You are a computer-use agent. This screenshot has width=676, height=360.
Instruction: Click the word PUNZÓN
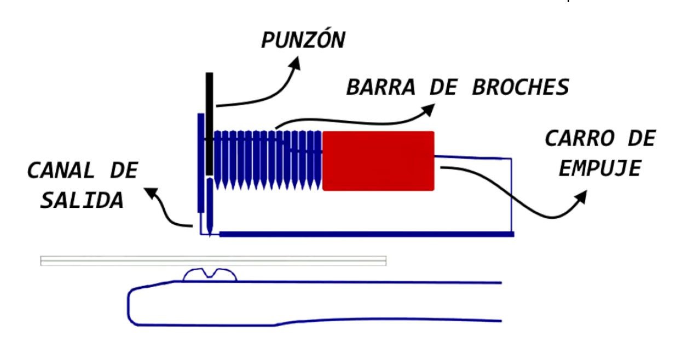[x=303, y=39]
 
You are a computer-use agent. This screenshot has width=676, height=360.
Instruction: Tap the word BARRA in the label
[x=381, y=87]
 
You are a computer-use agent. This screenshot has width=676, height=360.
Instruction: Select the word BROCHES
[x=521, y=87]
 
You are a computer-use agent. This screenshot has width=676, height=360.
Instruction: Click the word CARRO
[x=580, y=138]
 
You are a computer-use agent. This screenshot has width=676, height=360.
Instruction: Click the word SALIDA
[x=82, y=200]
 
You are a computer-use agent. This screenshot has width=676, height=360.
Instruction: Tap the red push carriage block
[x=378, y=161]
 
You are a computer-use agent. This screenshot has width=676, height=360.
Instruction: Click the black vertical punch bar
[x=210, y=124]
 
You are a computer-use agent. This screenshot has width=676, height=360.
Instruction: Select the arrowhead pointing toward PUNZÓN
[x=295, y=63]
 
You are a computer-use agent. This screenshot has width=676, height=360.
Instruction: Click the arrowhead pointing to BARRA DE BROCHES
[x=428, y=110]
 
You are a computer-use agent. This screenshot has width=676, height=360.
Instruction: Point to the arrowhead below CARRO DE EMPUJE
[x=581, y=197]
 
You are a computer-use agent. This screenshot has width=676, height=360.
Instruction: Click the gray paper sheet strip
[x=213, y=261]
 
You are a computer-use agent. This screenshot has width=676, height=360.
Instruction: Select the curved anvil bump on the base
[x=210, y=275]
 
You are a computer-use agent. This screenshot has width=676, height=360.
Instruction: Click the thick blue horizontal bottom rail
[x=367, y=234]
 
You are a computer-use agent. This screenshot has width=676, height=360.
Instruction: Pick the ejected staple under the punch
[x=210, y=207]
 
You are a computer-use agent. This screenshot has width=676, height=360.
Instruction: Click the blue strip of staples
[x=268, y=160]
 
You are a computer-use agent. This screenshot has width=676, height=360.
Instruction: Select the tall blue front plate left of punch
[x=201, y=163]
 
